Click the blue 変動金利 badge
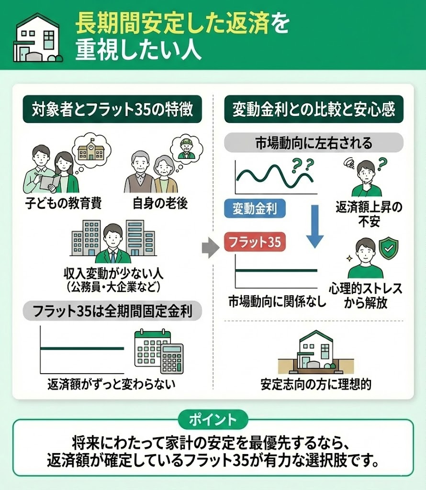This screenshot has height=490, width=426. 255,209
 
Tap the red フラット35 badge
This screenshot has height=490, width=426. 255,242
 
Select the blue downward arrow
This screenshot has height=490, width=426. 315,226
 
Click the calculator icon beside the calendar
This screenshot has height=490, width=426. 171,358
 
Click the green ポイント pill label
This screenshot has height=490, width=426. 213,420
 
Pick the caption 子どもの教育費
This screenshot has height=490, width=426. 64,203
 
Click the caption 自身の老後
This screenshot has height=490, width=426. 160,203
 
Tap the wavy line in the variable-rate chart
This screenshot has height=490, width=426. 274,177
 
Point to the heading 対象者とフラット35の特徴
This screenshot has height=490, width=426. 112,109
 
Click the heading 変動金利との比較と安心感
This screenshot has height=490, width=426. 314,109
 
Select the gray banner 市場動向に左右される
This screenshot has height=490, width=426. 314,143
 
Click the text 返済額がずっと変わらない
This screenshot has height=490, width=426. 111,384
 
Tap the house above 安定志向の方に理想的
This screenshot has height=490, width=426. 316,353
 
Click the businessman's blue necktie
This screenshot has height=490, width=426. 113,256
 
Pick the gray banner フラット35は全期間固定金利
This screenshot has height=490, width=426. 112,311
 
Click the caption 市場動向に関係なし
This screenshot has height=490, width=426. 277,301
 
